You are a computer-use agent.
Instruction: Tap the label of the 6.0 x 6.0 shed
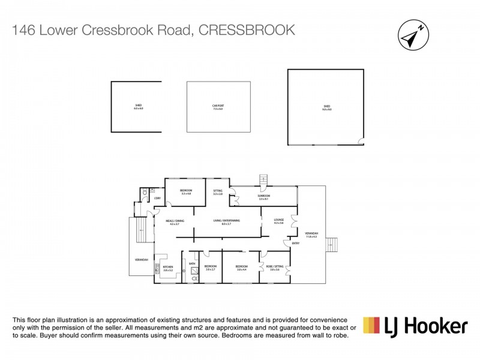(137, 107)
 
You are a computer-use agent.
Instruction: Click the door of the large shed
(361, 141)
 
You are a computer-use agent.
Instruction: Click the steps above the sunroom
(262, 180)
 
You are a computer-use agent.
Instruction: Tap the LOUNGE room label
(278, 221)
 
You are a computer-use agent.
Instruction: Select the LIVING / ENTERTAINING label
(226, 221)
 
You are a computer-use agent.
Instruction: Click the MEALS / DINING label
(175, 221)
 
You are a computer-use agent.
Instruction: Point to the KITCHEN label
(168, 268)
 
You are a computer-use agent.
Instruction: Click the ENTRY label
(295, 243)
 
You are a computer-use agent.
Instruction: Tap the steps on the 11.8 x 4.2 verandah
(331, 244)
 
